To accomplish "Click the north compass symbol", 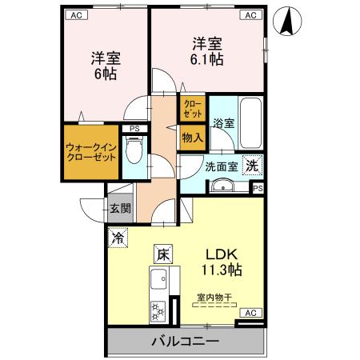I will pos(286,21).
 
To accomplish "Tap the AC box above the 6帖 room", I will pos(75,15).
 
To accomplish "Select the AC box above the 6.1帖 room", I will pos(250,15).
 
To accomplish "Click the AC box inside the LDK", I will pos(250,313).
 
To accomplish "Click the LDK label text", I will pos(224,254).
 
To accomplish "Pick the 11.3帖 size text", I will pos(224,270).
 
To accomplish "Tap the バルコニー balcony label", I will pos(185,342).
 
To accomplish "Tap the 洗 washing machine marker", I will pos(252,166).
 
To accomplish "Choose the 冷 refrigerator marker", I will pos(118,238).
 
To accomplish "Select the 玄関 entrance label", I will pos(121,210).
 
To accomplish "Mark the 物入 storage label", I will pos(193,137).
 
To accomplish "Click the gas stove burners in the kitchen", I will pos(157,308).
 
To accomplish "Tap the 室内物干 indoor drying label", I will pos(214,297).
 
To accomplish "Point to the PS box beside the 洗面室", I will pos(258,188).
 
